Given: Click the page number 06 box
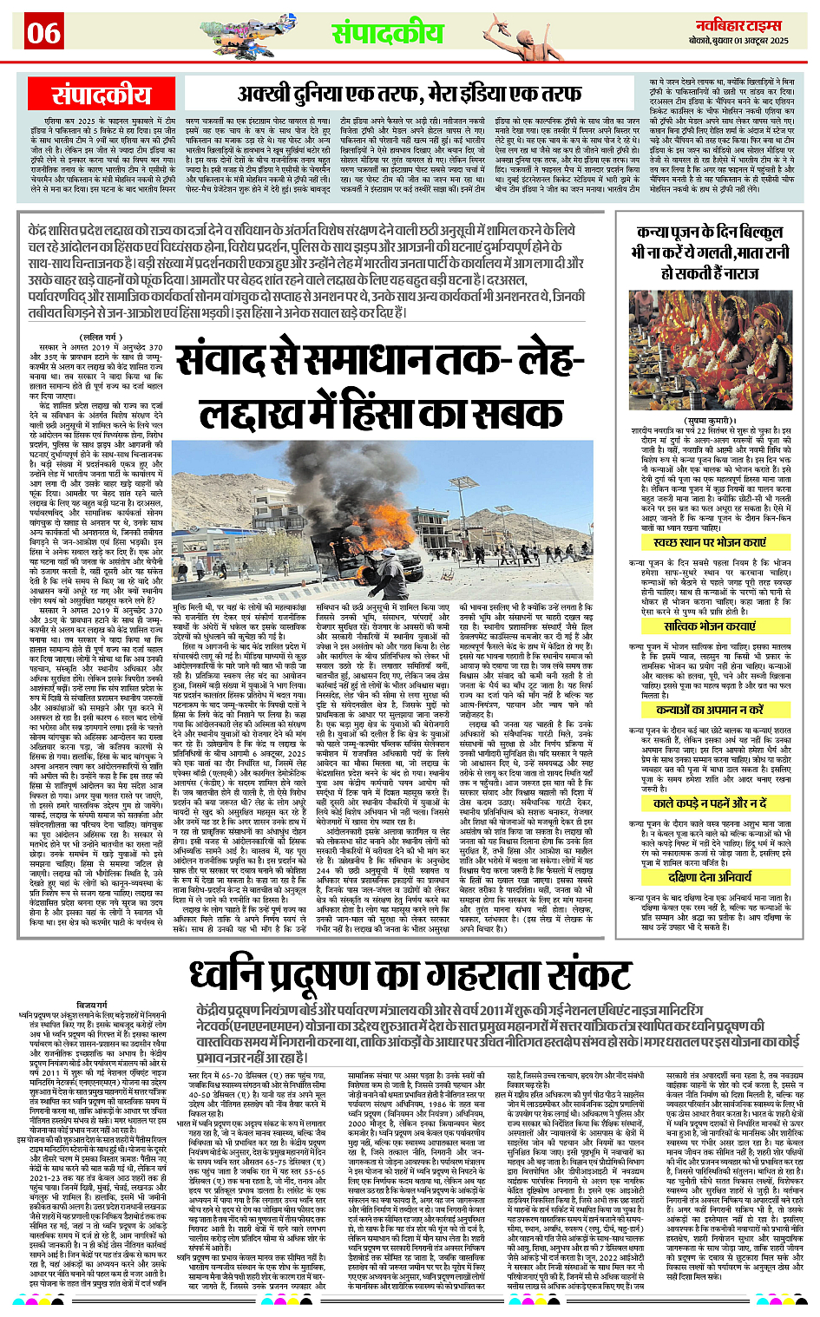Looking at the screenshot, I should (43, 33).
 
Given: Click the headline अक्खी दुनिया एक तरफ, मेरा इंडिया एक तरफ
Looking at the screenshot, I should (409, 94).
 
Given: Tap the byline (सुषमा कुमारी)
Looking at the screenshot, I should (712, 428).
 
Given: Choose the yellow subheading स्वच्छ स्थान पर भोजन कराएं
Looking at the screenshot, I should (710, 542).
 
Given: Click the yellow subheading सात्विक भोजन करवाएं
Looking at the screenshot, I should (710, 626).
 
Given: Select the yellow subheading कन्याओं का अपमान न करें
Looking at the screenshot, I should (710, 709).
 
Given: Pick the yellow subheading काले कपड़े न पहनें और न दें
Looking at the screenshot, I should (710, 803).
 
